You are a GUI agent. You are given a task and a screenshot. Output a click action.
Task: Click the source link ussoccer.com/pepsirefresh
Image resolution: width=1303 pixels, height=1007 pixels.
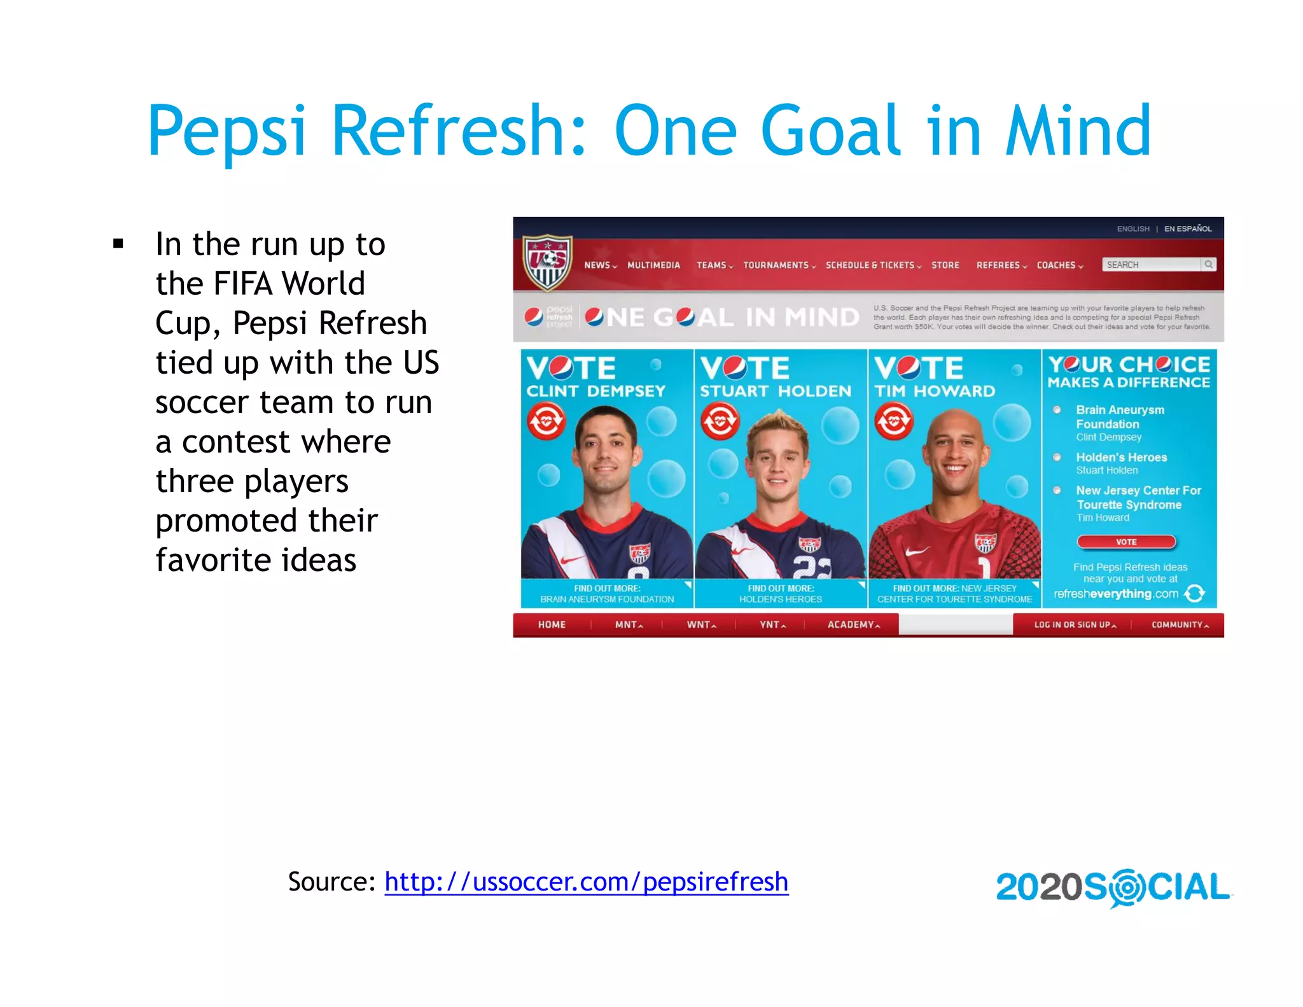(586, 882)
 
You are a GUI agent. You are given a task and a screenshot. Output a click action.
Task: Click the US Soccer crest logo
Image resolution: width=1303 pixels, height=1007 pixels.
(547, 262)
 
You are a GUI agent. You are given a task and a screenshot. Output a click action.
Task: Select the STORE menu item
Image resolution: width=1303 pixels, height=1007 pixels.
(945, 265)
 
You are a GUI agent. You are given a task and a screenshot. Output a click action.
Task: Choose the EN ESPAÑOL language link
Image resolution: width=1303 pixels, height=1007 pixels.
(1187, 229)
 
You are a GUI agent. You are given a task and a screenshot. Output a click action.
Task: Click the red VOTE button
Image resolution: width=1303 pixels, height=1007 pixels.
(1125, 542)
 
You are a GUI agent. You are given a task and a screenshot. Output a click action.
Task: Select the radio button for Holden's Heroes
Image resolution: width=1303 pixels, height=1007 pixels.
(1057, 457)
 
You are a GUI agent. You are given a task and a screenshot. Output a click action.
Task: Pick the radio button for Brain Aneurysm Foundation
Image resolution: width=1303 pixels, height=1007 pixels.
(1057, 410)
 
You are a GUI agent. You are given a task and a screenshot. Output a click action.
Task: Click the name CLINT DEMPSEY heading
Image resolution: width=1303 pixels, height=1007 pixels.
(596, 391)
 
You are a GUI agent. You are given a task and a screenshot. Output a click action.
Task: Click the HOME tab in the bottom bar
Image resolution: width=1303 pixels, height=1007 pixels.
(552, 624)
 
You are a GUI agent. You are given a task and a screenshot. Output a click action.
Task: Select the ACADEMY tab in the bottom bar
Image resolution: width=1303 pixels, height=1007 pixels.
(853, 624)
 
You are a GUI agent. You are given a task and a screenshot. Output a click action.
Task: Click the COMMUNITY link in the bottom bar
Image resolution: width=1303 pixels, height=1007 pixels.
(1179, 624)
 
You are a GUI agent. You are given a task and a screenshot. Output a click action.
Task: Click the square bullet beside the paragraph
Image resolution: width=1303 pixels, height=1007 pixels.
(118, 244)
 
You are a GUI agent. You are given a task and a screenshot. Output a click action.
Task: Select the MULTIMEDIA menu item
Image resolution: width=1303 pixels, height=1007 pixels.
(653, 265)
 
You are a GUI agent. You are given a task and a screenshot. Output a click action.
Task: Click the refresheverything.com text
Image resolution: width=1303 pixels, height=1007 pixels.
(1116, 594)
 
